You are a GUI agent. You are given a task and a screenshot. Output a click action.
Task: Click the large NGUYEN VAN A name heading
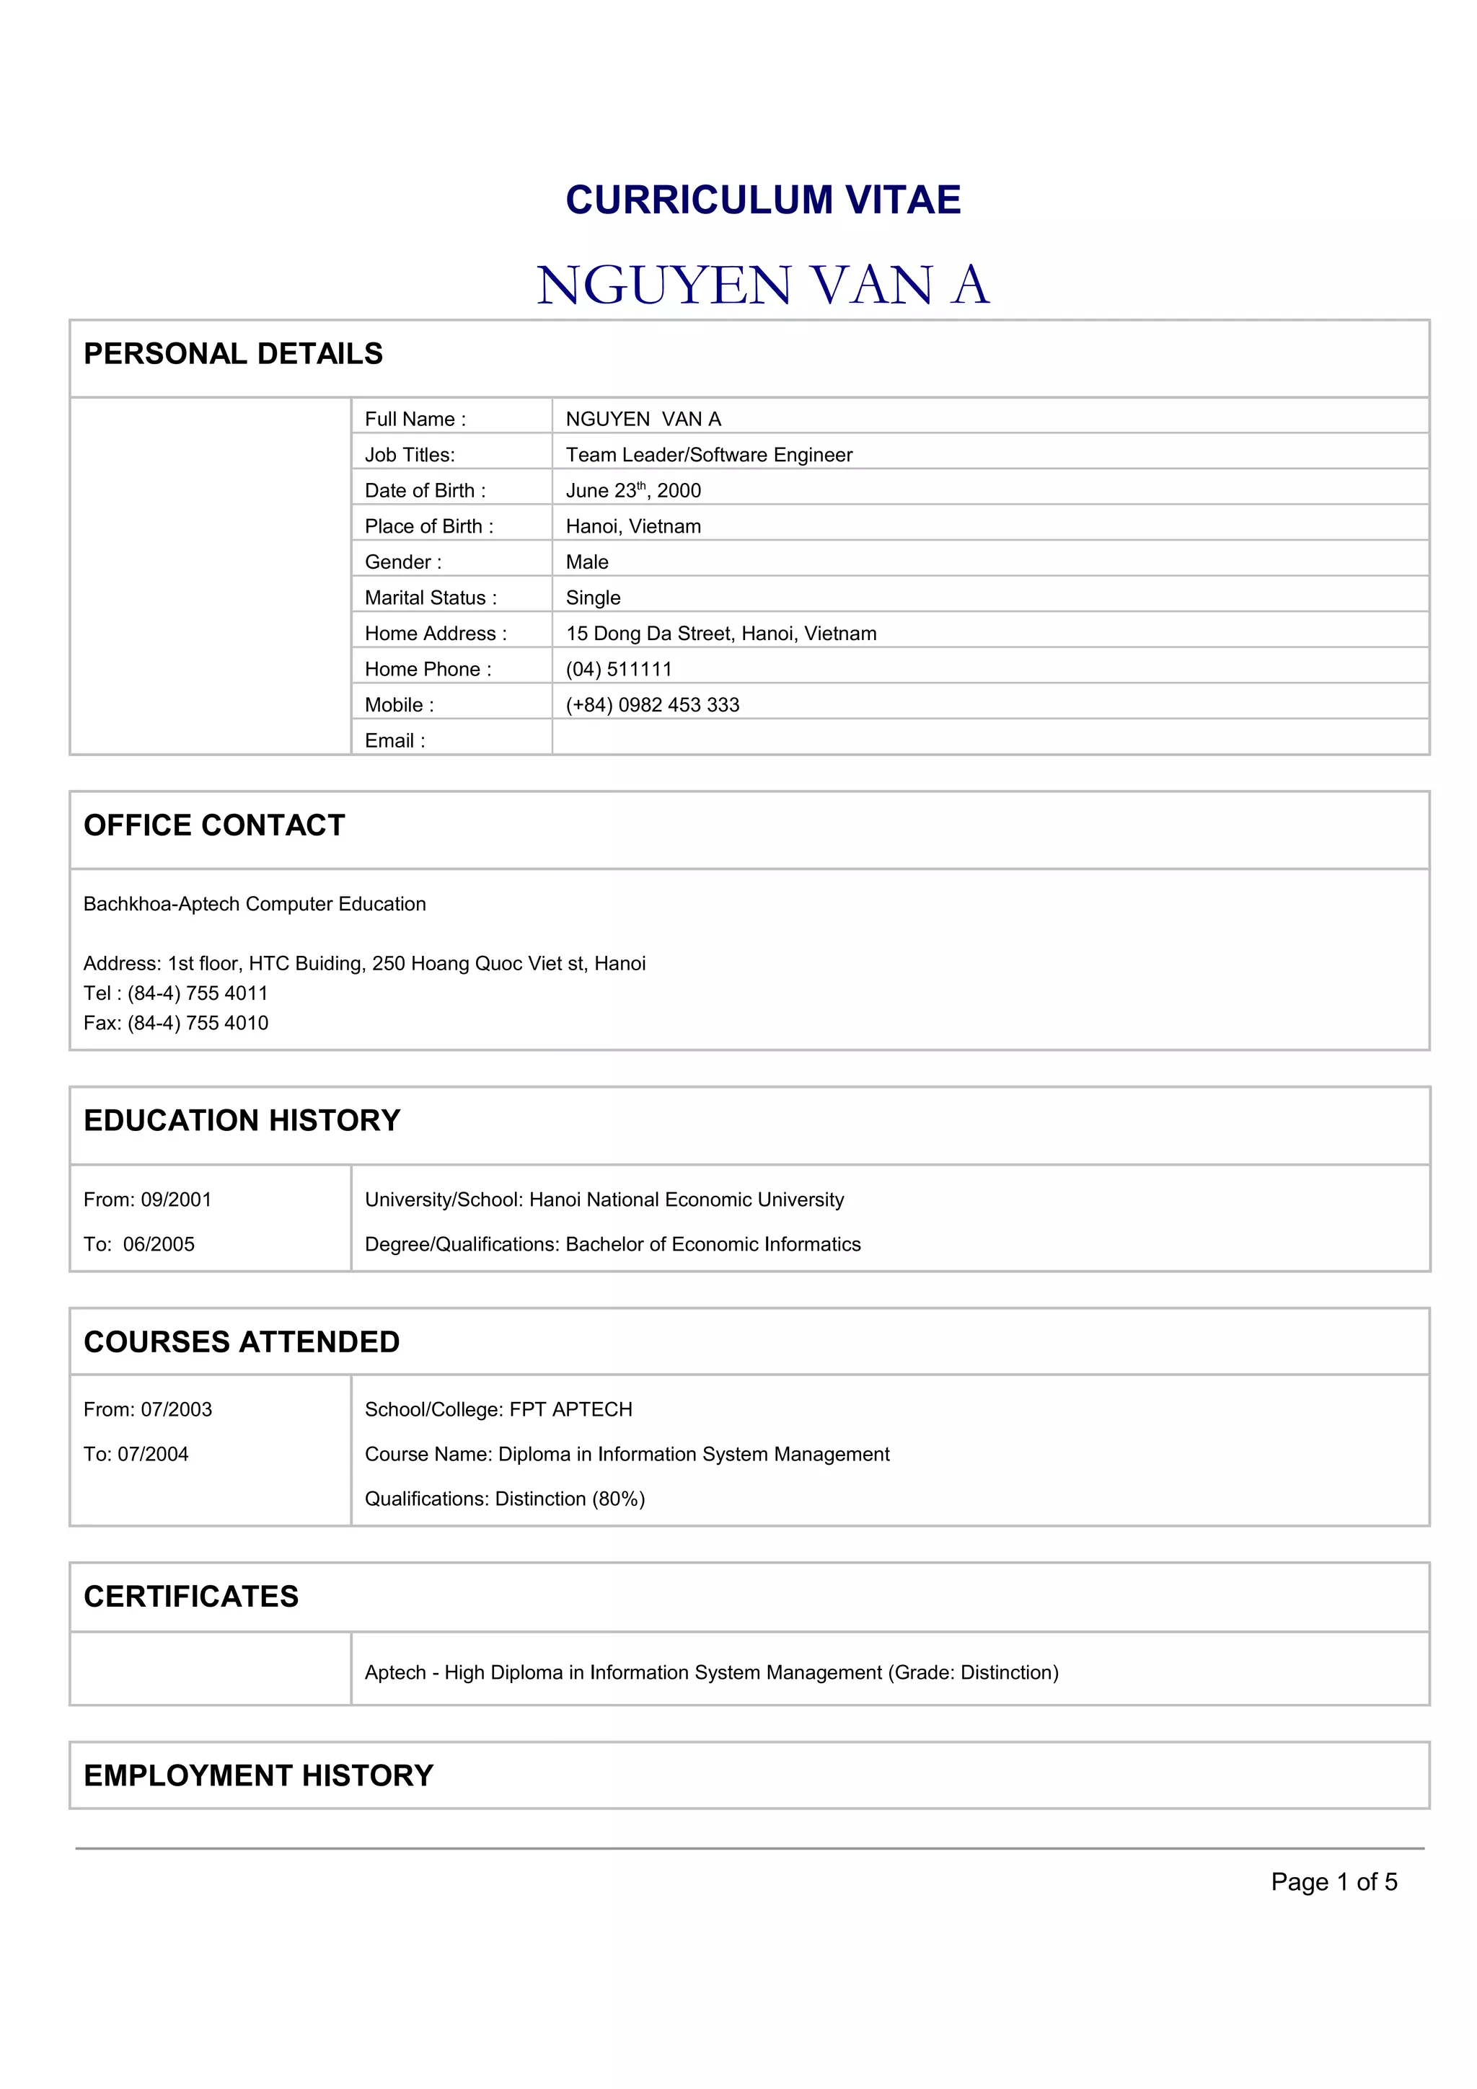762,285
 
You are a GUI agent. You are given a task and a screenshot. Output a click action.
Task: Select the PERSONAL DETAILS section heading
233,354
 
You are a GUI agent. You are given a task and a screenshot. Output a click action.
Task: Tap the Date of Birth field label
425,490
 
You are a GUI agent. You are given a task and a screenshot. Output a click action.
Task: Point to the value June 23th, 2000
633,490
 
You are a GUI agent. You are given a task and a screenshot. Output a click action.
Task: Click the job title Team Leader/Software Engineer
709,455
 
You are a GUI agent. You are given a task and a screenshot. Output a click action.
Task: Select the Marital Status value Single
594,598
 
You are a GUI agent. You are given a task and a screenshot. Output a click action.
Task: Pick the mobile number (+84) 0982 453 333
653,705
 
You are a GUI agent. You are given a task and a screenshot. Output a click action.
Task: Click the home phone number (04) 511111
619,670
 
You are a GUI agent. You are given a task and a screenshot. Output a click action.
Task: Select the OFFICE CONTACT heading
215,825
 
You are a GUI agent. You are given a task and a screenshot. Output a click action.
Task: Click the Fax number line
176,1024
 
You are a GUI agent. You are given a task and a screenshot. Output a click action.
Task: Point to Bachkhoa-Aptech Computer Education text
255,905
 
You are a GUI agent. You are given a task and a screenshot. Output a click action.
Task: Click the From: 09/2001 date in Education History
147,1200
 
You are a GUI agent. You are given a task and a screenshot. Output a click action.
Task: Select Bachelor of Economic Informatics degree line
612,1245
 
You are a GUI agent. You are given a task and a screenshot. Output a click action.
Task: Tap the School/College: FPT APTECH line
498,1409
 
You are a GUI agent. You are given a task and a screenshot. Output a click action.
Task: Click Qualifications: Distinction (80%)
505,1499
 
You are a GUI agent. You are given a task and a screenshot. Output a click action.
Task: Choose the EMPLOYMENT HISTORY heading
258,1775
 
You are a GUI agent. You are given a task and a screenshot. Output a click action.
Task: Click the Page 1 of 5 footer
1333,1881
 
